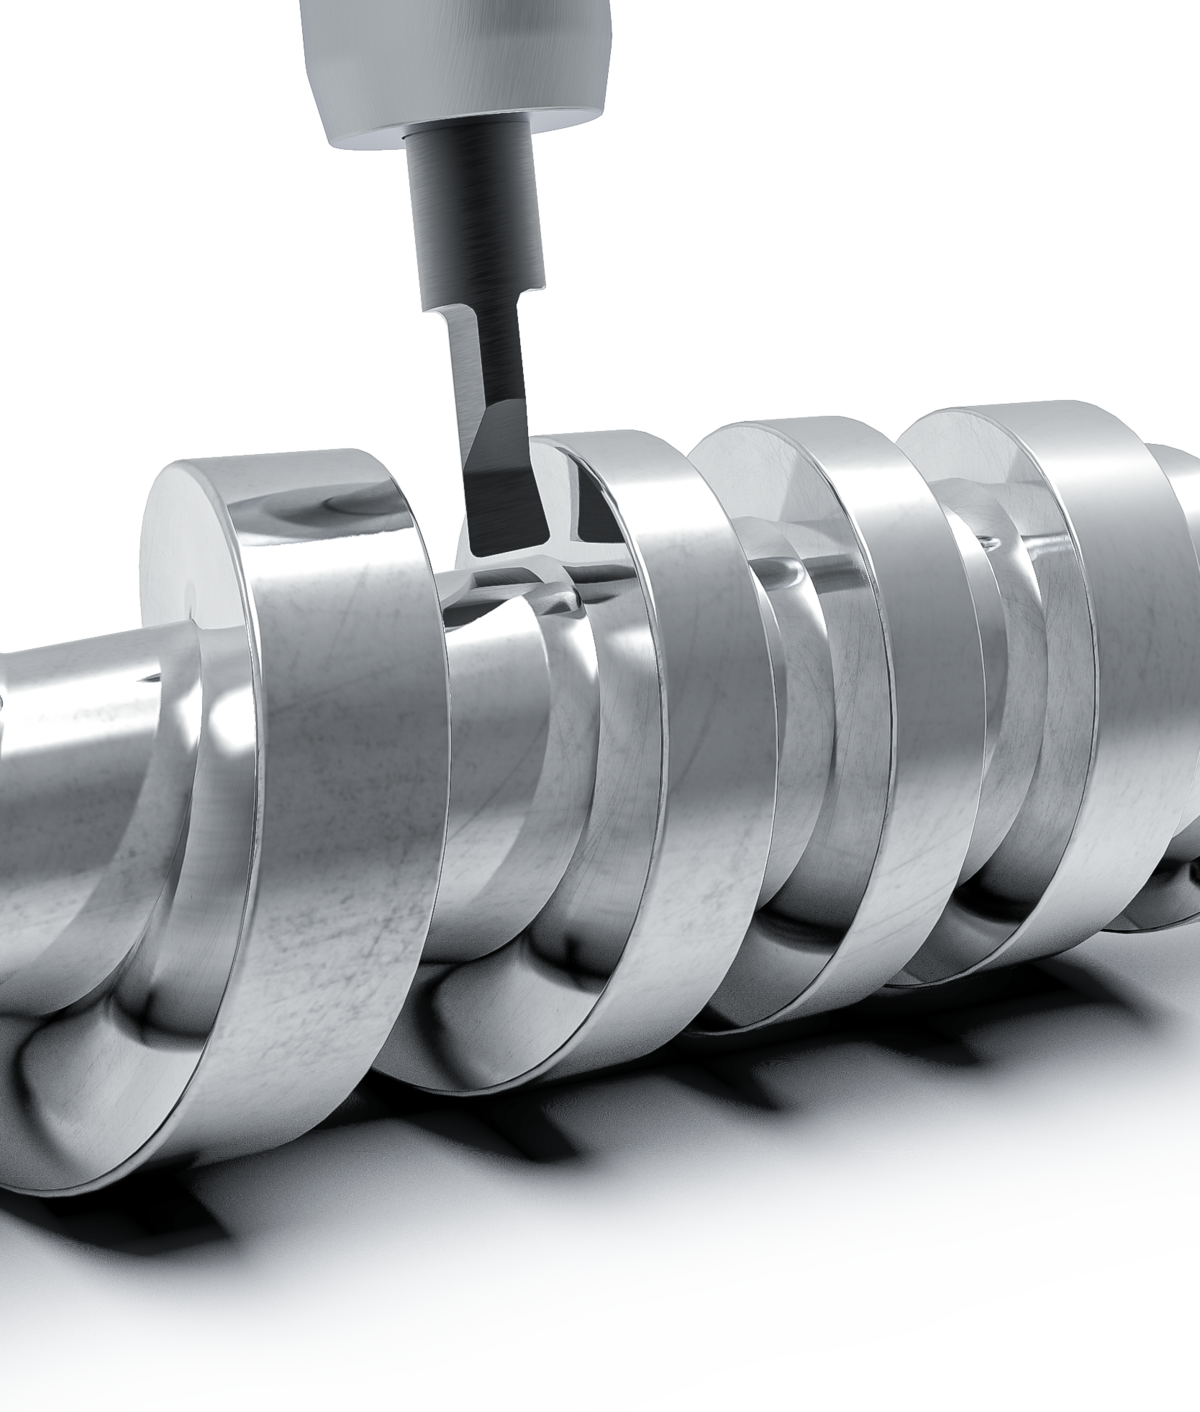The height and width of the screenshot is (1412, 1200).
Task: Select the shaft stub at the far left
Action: click(60, 720)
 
